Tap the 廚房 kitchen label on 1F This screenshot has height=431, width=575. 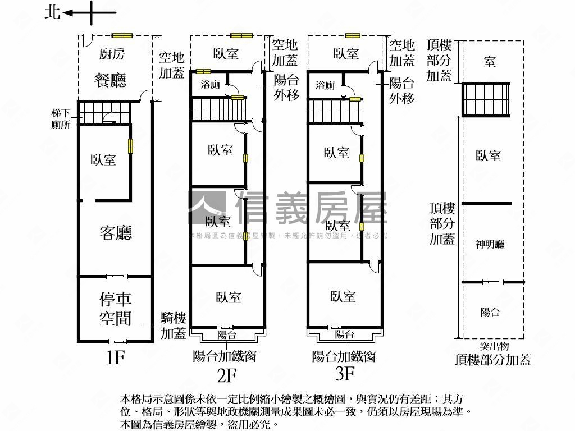click(112, 54)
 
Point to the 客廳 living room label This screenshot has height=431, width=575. click(116, 232)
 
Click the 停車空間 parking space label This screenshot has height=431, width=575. click(116, 308)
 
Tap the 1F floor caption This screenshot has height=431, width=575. click(115, 357)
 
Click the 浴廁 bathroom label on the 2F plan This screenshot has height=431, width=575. click(211, 85)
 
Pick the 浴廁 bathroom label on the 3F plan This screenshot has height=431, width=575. click(325, 85)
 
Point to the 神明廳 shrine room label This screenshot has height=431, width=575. click(490, 244)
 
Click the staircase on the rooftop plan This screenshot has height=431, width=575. click(486, 99)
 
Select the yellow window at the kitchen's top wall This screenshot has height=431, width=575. click(122, 36)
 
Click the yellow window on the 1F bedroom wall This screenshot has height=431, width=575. click(130, 146)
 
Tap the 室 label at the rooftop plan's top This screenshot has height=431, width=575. click(490, 62)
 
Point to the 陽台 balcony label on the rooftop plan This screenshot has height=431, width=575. click(490, 313)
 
